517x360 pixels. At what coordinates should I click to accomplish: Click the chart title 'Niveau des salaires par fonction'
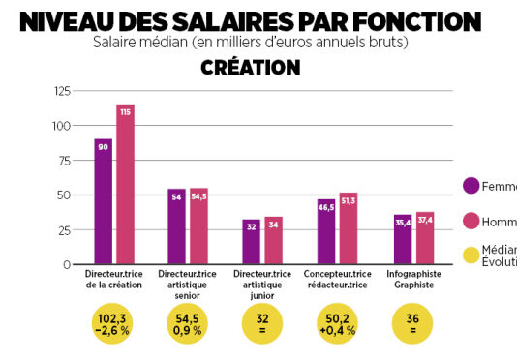pyautogui.click(x=250, y=20)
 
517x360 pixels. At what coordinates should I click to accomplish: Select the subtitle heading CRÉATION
pyautogui.click(x=250, y=67)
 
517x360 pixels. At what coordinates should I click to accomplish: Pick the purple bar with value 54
pyautogui.click(x=177, y=226)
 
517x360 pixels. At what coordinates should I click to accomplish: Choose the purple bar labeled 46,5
pyautogui.click(x=326, y=231)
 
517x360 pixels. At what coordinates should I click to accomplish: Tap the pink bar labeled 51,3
pyautogui.click(x=349, y=228)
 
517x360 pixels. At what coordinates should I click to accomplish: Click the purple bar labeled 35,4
pyautogui.click(x=402, y=239)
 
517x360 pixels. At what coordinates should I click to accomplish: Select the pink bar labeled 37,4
pyautogui.click(x=424, y=238)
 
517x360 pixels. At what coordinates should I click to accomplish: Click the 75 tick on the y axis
pyautogui.click(x=65, y=161)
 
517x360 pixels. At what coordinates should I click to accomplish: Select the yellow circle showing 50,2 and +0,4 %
pyautogui.click(x=337, y=323)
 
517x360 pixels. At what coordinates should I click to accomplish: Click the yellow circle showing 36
pyautogui.click(x=411, y=323)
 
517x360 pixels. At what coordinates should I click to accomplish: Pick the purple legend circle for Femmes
pyautogui.click(x=472, y=186)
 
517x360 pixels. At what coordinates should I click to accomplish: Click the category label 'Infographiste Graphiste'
pyautogui.click(x=412, y=280)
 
